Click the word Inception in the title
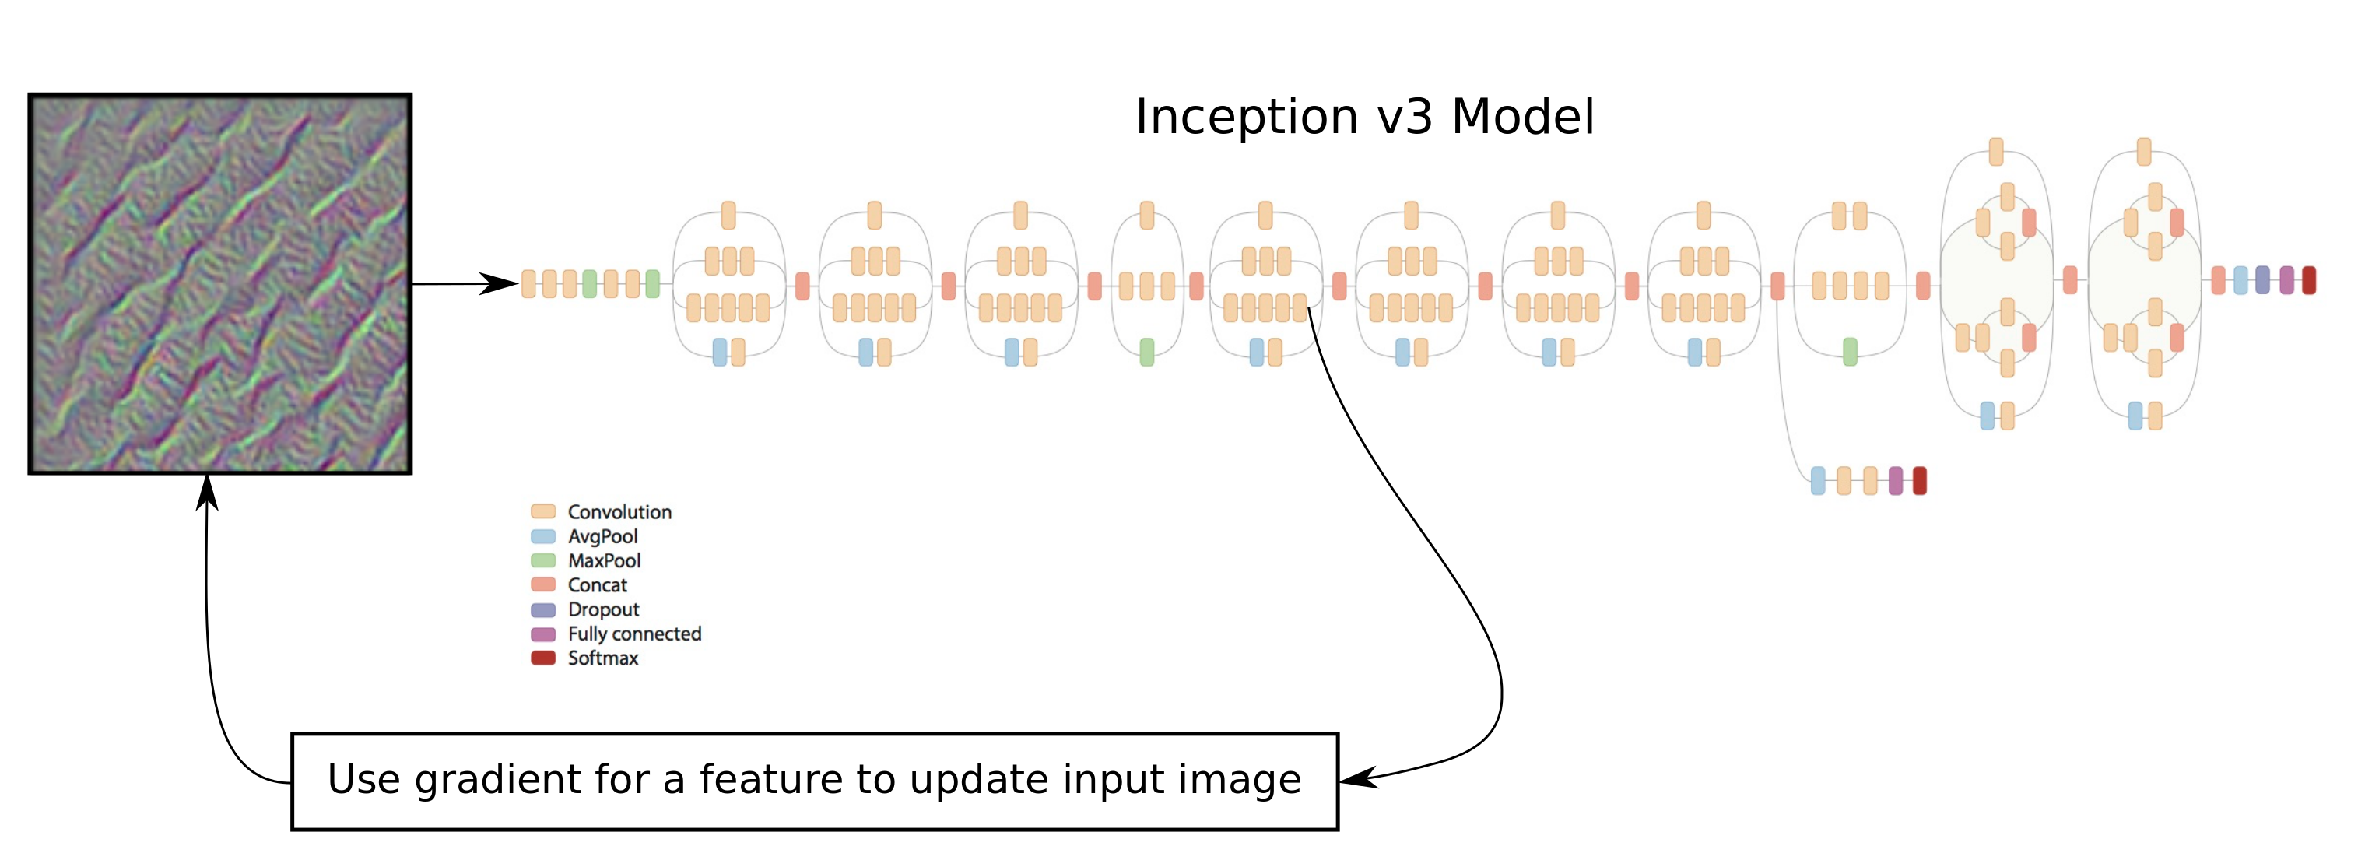[1246, 118]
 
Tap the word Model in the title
[1522, 118]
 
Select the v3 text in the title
[1405, 118]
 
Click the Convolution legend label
[619, 512]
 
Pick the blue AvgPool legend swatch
[543, 536]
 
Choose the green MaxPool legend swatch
[543, 560]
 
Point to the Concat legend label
[597, 584]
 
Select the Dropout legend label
[603, 609]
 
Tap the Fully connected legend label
[634, 634]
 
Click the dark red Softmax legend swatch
[543, 658]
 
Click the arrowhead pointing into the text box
[1357, 778]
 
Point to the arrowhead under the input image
[207, 492]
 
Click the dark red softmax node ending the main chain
[2308, 280]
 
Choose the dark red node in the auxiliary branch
[1919, 481]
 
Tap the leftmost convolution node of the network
[528, 283]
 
